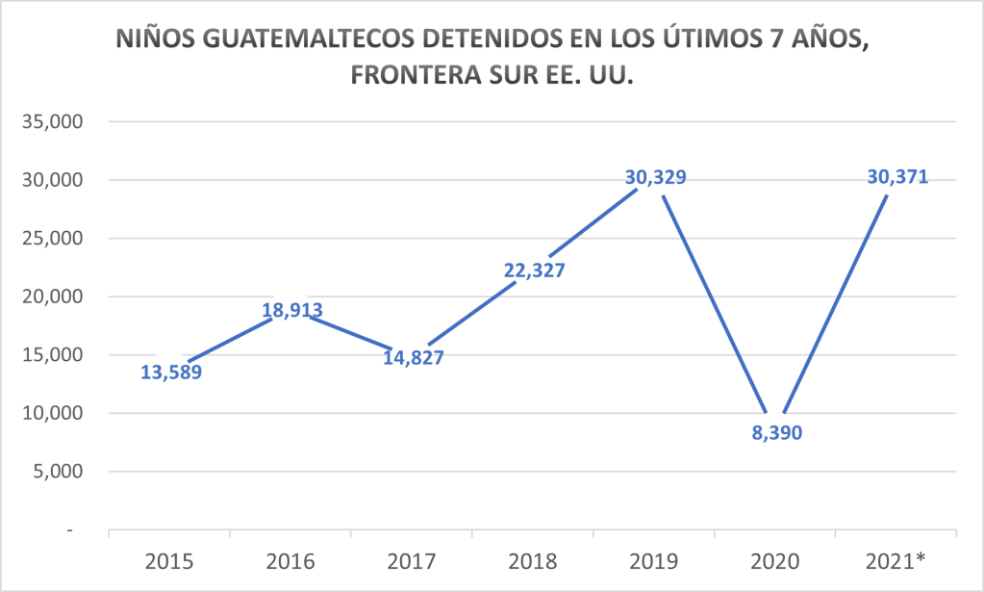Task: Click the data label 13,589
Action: pyautogui.click(x=171, y=373)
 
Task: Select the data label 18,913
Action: pyautogui.click(x=291, y=310)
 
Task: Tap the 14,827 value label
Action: pyautogui.click(x=413, y=357)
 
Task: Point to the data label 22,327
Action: pyautogui.click(x=534, y=270)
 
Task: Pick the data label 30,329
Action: pyautogui.click(x=655, y=177)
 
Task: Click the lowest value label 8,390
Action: pyautogui.click(x=775, y=433)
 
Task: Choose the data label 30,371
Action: pyautogui.click(x=896, y=177)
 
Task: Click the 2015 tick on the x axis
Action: pyautogui.click(x=169, y=560)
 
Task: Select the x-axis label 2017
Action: pyautogui.click(x=412, y=560)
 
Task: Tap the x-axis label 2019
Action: pyautogui.click(x=654, y=560)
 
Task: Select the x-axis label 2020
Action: pyautogui.click(x=775, y=560)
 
